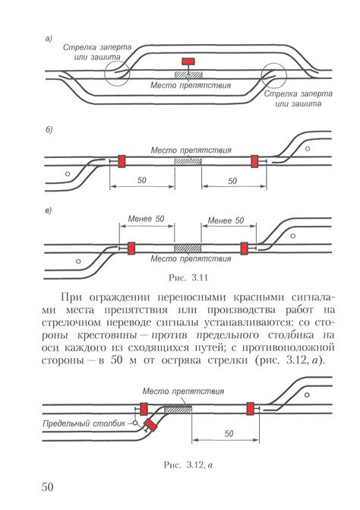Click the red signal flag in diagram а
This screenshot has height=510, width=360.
click(x=188, y=61)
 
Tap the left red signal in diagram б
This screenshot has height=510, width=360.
click(x=122, y=161)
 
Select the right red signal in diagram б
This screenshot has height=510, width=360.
click(x=254, y=161)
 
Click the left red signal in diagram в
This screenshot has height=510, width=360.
click(x=131, y=249)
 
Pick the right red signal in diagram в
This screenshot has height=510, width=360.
click(x=245, y=249)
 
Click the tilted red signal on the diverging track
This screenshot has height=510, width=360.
click(x=150, y=426)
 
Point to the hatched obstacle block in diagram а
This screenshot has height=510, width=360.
click(x=188, y=74)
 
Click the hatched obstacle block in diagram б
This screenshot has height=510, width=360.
click(x=188, y=161)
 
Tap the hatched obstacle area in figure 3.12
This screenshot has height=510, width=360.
click(x=178, y=409)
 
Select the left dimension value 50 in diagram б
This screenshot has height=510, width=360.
click(x=142, y=180)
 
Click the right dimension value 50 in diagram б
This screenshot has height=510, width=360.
click(x=232, y=181)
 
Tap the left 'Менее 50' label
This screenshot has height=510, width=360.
click(x=147, y=219)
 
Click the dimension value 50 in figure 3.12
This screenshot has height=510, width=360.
click(x=229, y=433)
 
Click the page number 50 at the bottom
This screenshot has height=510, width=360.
click(x=47, y=486)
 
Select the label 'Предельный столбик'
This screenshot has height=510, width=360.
click(x=84, y=423)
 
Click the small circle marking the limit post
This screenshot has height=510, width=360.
click(x=135, y=423)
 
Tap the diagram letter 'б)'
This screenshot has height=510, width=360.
click(x=49, y=129)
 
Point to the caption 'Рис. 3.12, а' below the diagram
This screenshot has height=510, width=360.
click(x=188, y=465)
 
